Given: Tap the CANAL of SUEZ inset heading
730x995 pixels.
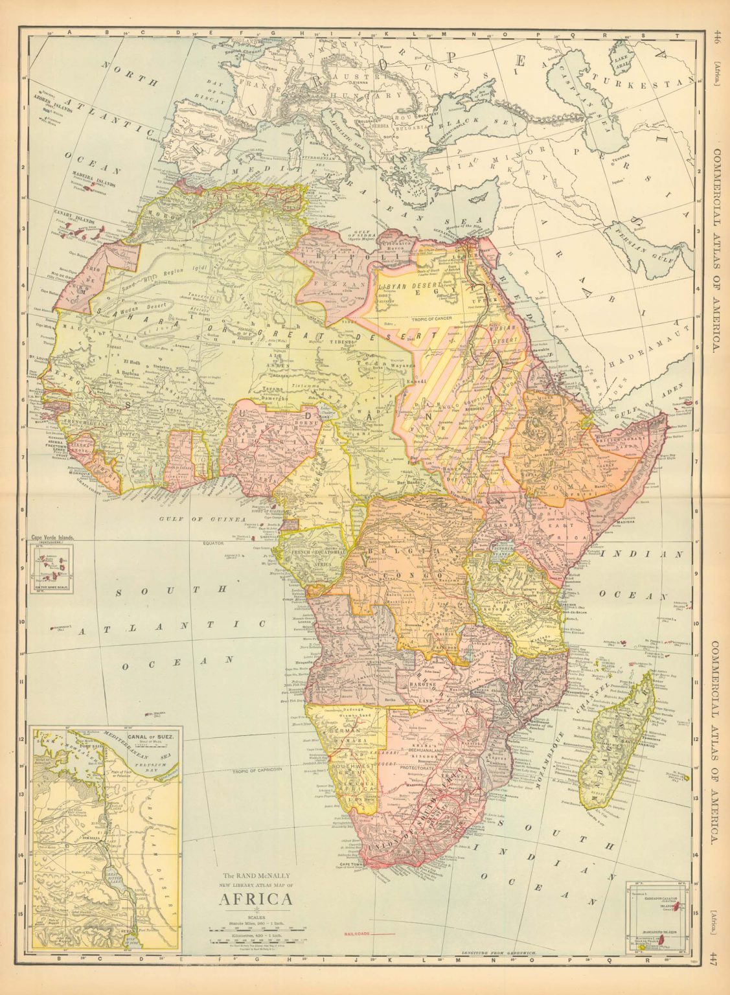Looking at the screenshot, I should (x=151, y=737).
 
